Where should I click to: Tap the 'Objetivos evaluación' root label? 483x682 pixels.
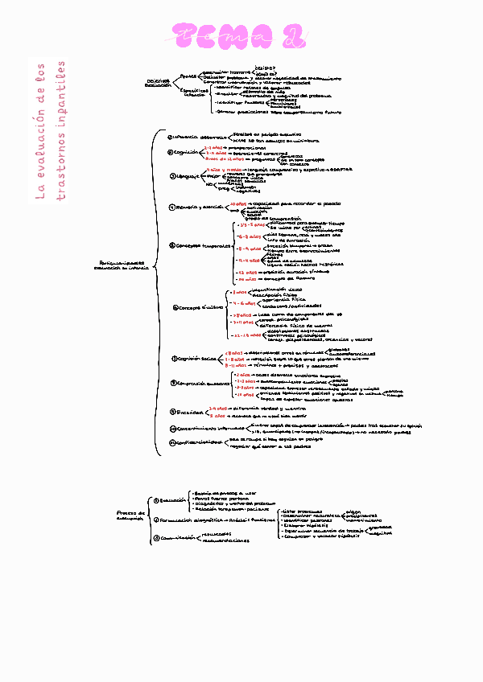click(x=158, y=83)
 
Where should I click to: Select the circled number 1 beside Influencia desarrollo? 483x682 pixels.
click(x=171, y=137)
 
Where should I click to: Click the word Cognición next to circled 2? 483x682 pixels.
click(x=188, y=152)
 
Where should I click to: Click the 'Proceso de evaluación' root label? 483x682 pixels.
click(x=131, y=515)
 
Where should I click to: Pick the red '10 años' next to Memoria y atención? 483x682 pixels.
click(x=238, y=203)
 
